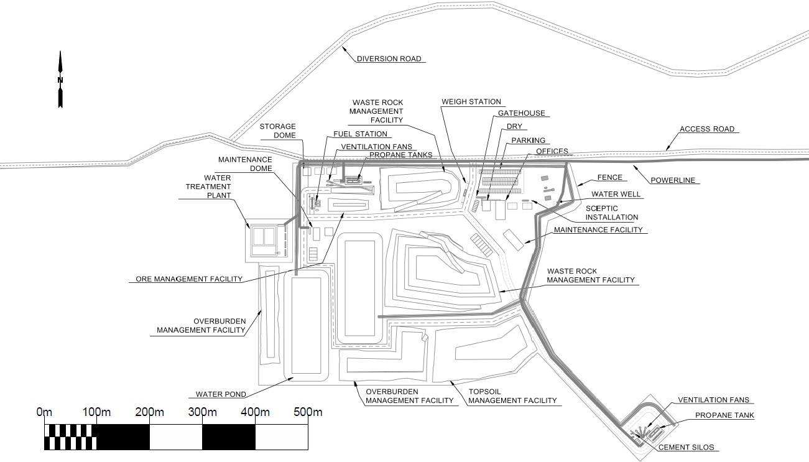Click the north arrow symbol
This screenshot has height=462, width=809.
60,80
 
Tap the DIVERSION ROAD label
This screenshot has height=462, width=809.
389,59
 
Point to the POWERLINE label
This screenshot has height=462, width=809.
673,181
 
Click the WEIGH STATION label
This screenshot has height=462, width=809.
471,101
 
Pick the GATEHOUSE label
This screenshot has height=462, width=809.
521,113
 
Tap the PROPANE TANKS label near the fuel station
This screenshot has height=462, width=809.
400,155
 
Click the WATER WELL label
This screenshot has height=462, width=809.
616,194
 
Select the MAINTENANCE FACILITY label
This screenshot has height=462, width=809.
598,230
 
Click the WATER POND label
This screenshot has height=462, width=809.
221,394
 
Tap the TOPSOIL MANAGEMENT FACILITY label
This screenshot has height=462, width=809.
512,396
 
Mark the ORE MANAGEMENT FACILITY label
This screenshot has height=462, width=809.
189,279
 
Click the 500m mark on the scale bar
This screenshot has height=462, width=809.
308,412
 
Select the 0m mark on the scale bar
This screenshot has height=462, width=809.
44,412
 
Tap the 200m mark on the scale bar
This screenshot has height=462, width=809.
149,412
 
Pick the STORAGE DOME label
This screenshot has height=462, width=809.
277,131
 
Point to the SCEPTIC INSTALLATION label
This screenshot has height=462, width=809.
611,213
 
